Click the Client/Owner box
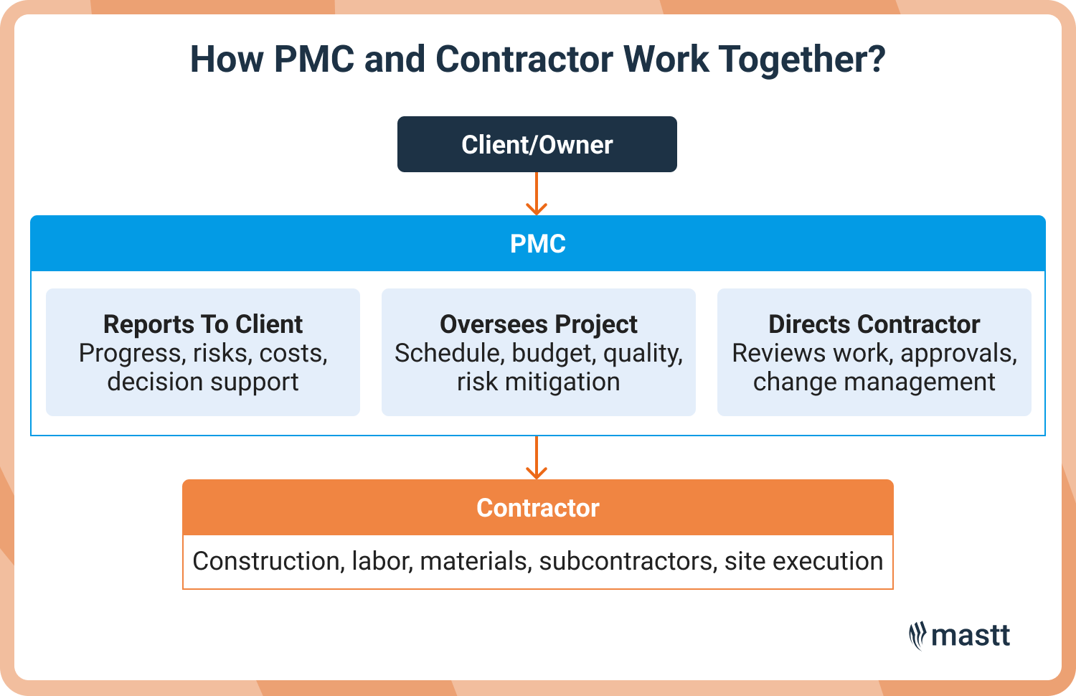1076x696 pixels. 537,144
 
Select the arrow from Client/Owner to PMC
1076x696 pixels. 537,194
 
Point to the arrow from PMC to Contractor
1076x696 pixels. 537,458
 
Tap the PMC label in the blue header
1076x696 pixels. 537,244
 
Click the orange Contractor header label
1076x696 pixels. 537,508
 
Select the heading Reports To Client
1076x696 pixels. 203,324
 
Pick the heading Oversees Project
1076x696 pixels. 538,324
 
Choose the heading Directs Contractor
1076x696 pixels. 874,324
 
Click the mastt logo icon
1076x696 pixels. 917,636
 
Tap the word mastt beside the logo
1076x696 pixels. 971,636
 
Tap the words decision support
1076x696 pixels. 203,382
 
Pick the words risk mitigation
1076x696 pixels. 538,382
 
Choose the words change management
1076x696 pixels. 874,382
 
